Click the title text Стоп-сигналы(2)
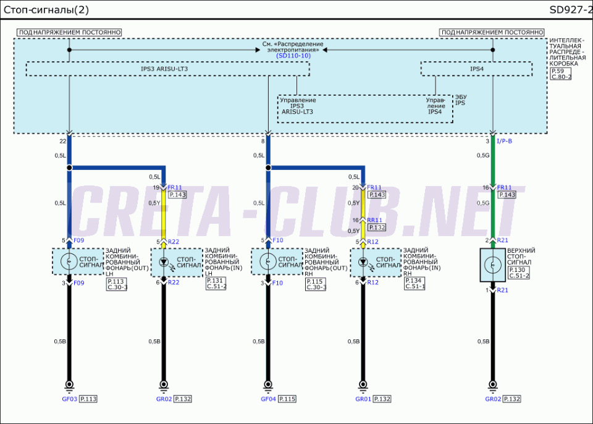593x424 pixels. click(44, 9)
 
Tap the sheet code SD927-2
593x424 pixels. click(570, 9)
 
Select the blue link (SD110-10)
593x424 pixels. click(293, 56)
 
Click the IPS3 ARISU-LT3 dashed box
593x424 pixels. click(167, 69)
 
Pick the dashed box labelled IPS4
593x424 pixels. click(476, 69)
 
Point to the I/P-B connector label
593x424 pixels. click(504, 141)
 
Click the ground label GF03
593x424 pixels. click(69, 399)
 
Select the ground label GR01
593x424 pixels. click(363, 399)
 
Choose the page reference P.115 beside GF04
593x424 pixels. click(288, 399)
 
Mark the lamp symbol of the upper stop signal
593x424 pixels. click(492, 265)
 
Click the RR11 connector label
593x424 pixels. click(374, 219)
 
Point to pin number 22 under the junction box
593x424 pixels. click(62, 141)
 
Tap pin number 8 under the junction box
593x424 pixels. click(263, 141)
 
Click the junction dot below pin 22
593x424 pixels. click(69, 167)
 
